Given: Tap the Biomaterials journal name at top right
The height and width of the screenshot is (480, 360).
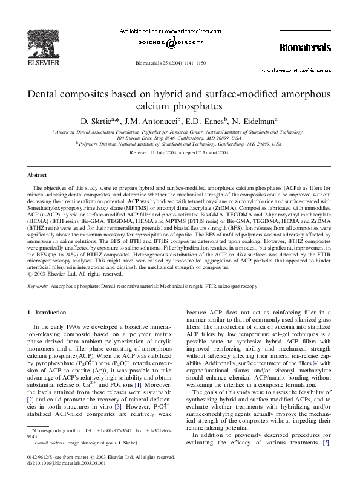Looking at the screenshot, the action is click(x=305, y=47).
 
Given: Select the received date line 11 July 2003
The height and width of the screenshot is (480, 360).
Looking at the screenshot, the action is click(x=180, y=153).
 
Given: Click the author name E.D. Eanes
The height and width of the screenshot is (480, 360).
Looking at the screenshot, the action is click(x=209, y=121).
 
